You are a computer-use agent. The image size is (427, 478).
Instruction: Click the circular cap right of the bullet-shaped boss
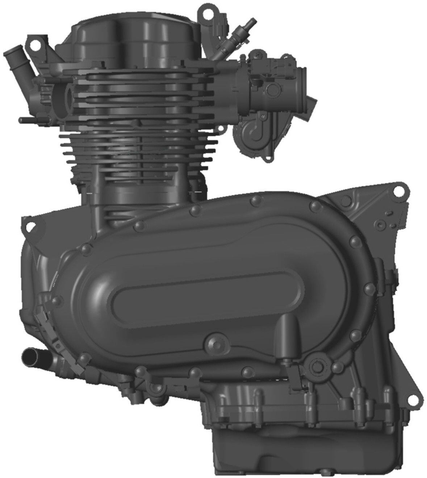click(x=319, y=364)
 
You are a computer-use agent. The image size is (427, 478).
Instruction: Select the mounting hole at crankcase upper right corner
click(x=398, y=191)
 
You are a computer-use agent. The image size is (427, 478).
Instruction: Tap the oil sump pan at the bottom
click(x=308, y=435)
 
